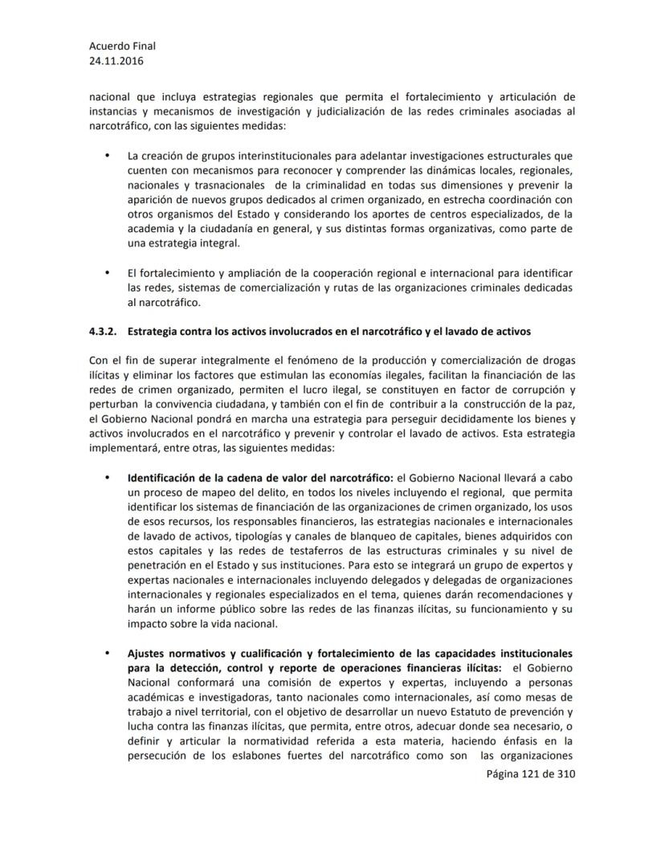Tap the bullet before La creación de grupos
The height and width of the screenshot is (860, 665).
point(108,155)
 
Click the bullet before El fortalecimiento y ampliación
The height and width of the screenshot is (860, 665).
point(108,274)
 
